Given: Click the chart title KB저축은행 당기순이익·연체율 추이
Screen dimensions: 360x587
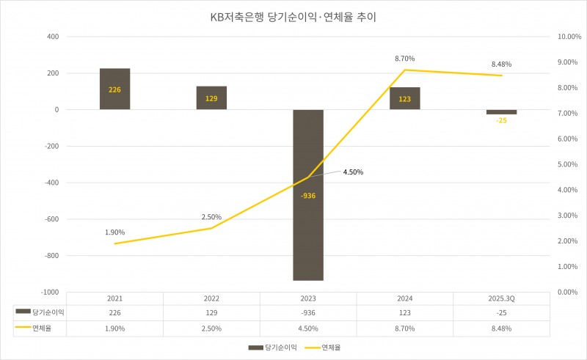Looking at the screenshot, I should point(293,16).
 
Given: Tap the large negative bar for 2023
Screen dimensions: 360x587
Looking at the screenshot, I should point(308,220).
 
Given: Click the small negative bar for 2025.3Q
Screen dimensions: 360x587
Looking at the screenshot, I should point(502,112).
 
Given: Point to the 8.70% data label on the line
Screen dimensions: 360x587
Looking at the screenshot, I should point(405,58).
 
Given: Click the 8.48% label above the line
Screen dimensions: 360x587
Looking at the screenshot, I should point(502,64).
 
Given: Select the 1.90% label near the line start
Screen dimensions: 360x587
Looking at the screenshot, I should point(114,232).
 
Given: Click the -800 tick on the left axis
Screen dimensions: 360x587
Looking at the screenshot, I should point(50,256).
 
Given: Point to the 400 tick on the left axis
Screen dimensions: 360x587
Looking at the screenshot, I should point(53,37).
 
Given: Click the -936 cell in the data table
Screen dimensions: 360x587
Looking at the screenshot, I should point(308,312).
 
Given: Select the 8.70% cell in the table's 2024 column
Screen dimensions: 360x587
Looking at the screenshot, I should point(405,328).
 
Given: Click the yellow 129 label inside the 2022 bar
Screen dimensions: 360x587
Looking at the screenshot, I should point(211,98).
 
